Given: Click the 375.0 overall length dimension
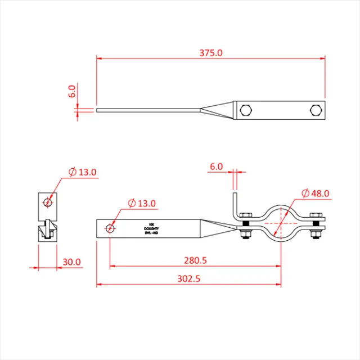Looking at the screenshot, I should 211,53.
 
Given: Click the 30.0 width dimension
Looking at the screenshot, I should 72,262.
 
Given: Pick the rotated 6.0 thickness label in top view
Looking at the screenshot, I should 72,91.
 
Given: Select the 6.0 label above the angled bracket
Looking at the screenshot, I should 216,166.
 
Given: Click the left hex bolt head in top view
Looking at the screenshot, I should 246,110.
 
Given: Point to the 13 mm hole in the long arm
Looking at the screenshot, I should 110,228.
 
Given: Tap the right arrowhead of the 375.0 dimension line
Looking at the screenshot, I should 323,57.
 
